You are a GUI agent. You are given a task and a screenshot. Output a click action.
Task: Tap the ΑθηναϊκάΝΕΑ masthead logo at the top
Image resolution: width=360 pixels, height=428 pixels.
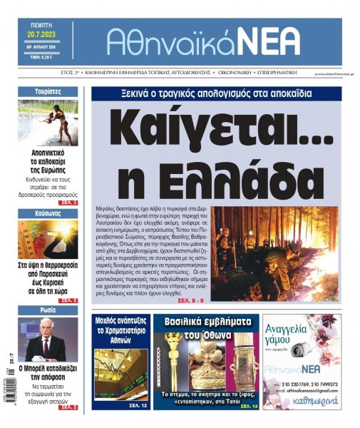(203, 42)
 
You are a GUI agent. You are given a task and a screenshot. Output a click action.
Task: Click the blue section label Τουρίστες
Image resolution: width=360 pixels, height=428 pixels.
(47, 92)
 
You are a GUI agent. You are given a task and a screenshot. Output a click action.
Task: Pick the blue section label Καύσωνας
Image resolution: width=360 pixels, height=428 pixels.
(47, 213)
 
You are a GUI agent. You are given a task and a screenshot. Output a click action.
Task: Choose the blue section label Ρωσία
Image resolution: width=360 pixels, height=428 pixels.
(47, 310)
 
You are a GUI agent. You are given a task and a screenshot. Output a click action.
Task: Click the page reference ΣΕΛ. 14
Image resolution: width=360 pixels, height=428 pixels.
(249, 405)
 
